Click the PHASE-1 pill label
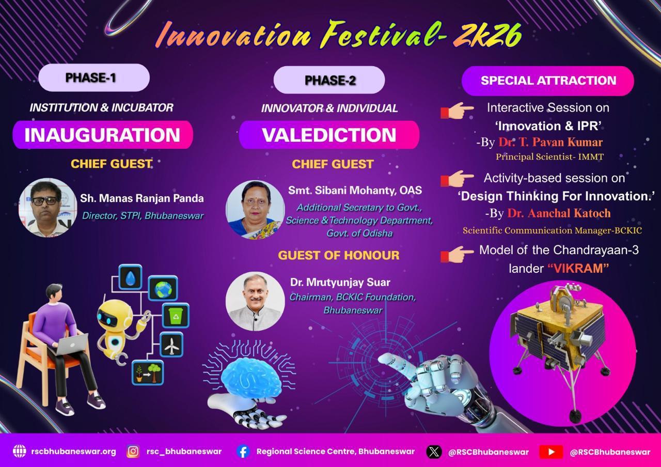(x=94, y=77)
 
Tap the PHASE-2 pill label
(x=329, y=80)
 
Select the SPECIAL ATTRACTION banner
(x=548, y=81)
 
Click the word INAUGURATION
(x=102, y=135)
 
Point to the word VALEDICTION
(x=329, y=135)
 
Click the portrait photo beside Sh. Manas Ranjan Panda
(x=48, y=208)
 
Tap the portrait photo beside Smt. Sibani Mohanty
(x=255, y=210)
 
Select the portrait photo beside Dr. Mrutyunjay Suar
(x=255, y=301)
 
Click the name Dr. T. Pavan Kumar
(x=550, y=142)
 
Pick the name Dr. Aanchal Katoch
(x=559, y=213)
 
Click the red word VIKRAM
(x=578, y=269)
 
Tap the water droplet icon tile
(x=130, y=277)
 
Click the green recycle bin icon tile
(x=176, y=316)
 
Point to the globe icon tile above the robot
(x=163, y=288)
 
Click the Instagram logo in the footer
(x=133, y=452)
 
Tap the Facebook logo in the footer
(x=243, y=452)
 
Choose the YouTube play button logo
(x=551, y=452)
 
